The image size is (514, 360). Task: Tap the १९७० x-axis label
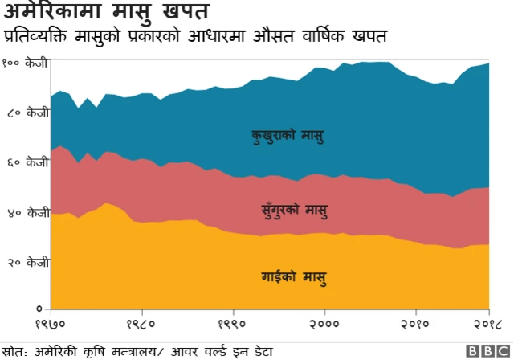51,325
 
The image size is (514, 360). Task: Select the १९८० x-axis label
142,325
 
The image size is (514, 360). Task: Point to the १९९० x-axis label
234,325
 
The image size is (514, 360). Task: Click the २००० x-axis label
324,325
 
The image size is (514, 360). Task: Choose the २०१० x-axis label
416,325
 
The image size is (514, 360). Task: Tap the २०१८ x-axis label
484,325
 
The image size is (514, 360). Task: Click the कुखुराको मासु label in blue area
288,134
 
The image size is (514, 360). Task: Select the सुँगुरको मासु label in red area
295,210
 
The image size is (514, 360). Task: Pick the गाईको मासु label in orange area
294,278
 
